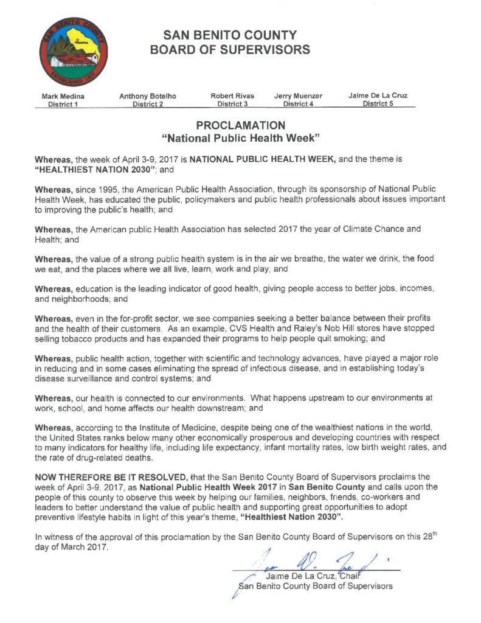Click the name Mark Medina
pos(63,96)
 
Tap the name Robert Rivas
pos(232,96)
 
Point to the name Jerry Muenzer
pos(298,96)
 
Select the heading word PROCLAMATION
pos(240,126)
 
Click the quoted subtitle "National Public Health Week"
pos(240,139)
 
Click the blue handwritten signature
pos(304,558)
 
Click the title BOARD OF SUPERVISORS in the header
pos(230,50)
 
